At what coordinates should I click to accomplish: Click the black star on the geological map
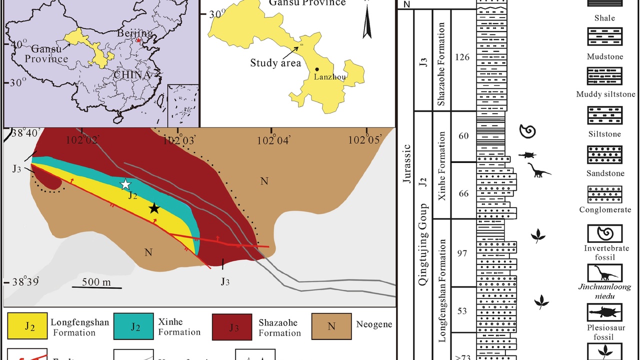154,208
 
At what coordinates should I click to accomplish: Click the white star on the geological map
125,184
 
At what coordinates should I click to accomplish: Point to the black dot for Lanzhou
317,69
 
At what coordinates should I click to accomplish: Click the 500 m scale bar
96,287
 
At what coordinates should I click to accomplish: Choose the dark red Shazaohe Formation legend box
232,327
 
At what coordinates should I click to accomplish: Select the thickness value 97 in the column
462,253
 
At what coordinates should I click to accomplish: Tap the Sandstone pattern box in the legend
605,155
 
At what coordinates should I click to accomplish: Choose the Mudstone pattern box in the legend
605,36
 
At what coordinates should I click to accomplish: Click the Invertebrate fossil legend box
605,233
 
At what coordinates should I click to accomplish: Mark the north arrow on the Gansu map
367,22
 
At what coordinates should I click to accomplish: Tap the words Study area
276,63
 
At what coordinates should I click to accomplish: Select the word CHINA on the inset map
131,75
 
